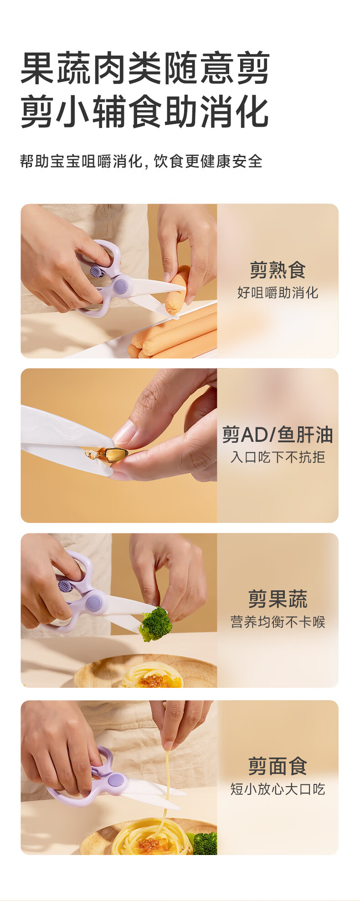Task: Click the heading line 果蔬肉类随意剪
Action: point(145,69)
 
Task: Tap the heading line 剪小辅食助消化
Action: point(145,112)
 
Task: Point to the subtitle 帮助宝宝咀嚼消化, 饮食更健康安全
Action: point(141,161)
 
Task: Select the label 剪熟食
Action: point(278,270)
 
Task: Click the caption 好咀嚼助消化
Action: point(278,292)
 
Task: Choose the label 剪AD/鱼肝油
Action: point(278,435)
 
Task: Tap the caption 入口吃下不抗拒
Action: point(278,457)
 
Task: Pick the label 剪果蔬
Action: point(278,599)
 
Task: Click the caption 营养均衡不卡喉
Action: point(278,622)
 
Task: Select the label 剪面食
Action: point(278,766)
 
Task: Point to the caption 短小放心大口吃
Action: point(278,789)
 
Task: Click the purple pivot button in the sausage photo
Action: point(121,287)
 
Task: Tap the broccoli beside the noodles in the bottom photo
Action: point(205,843)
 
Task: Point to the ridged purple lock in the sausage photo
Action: point(95,271)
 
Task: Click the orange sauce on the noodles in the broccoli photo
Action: point(153,681)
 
